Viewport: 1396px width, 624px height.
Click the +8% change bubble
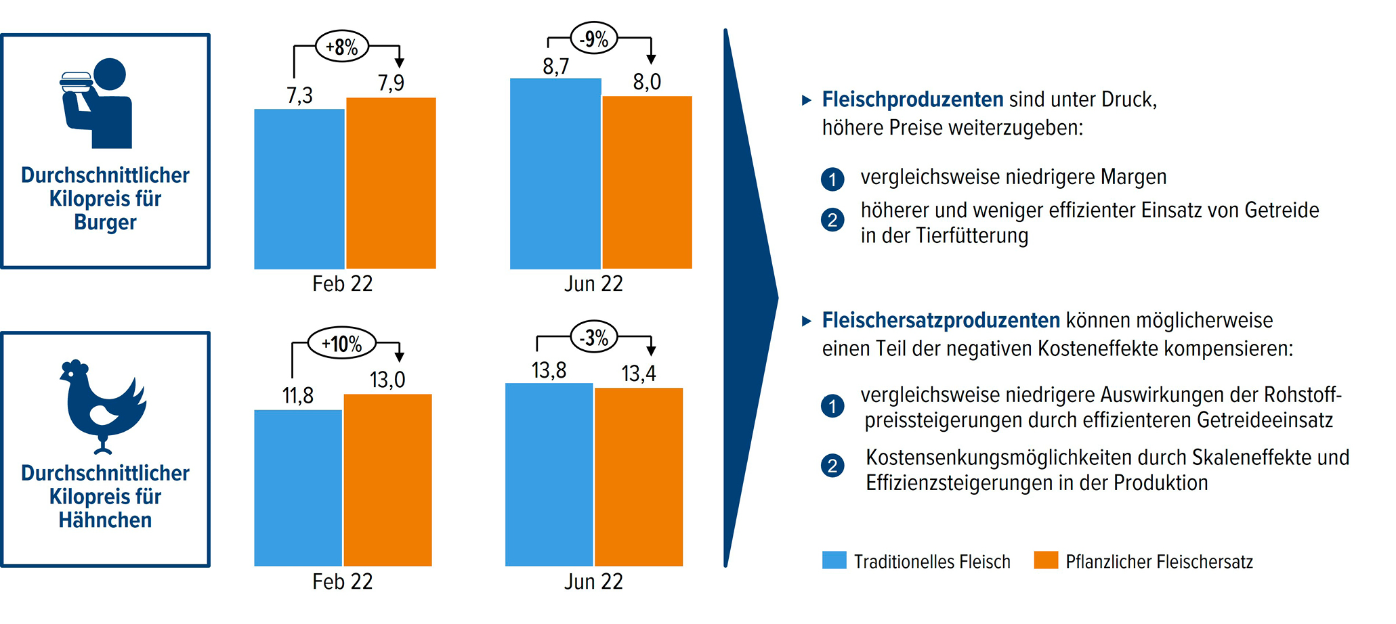(342, 47)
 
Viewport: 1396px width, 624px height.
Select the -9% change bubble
(594, 38)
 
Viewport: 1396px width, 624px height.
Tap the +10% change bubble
(341, 344)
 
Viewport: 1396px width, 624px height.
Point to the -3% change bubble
(594, 337)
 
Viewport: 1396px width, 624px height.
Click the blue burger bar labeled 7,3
(299, 189)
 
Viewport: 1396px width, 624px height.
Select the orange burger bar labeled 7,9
(391, 183)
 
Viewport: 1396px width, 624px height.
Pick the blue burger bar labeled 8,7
(555, 173)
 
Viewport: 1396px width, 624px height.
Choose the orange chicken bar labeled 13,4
(639, 476)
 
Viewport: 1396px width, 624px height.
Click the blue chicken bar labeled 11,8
(298, 487)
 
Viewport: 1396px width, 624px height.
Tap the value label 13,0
(387, 380)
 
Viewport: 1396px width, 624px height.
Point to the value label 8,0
(647, 82)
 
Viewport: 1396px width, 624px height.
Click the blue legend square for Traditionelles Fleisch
(834, 560)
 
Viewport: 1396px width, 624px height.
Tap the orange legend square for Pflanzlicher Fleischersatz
(1046, 560)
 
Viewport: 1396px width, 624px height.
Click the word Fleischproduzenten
(912, 99)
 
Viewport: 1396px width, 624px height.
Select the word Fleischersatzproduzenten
(941, 320)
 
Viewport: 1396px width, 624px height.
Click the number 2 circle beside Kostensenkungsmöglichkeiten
(832, 466)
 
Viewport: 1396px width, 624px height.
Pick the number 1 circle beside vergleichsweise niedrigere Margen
(832, 179)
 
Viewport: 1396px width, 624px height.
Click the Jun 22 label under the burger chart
(593, 284)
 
